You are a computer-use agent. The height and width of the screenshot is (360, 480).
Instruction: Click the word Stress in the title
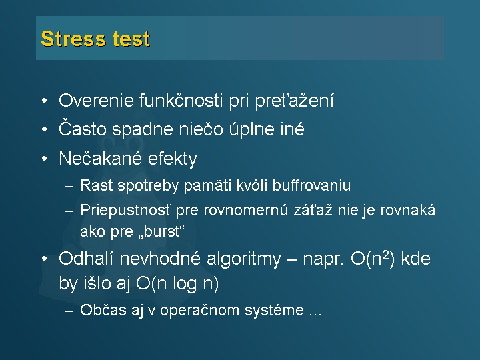pyautogui.click(x=74, y=39)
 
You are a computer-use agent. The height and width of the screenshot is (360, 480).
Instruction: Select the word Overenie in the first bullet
pyautogui.click(x=97, y=101)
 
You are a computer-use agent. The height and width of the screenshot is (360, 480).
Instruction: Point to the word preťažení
pyautogui.click(x=294, y=101)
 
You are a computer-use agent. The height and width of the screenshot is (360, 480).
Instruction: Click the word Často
pyautogui.click(x=83, y=129)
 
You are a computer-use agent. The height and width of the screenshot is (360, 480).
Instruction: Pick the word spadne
pyautogui.click(x=143, y=129)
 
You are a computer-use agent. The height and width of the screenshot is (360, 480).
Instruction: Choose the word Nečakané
pyautogui.click(x=101, y=158)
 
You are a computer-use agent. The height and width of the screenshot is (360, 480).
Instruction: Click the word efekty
pyautogui.click(x=173, y=159)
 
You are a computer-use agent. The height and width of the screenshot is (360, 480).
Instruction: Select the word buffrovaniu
pyautogui.click(x=311, y=185)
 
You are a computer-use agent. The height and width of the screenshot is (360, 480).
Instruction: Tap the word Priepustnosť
pyautogui.click(x=125, y=211)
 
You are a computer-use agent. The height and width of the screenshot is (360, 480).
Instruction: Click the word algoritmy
pyautogui.click(x=244, y=259)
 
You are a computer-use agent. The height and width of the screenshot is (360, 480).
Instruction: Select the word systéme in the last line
pyautogui.click(x=274, y=311)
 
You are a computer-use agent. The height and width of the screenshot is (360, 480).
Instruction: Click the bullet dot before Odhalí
pyautogui.click(x=45, y=259)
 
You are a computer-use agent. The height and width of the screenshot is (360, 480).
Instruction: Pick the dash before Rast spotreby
pyautogui.click(x=69, y=186)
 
